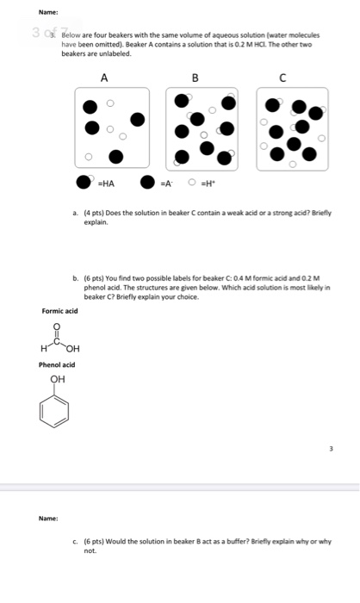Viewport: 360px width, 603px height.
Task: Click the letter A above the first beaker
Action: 104,78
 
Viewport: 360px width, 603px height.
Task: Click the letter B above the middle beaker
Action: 196,78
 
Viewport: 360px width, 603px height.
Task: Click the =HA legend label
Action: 109,183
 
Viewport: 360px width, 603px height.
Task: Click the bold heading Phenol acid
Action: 57,364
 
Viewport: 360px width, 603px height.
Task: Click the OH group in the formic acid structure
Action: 72,348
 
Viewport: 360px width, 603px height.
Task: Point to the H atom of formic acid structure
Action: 42,348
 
